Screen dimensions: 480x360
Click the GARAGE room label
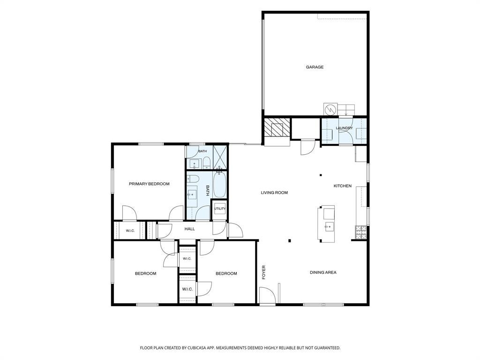(x=315, y=67)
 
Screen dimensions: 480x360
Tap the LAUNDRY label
(x=345, y=128)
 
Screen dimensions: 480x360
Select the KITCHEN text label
(x=343, y=186)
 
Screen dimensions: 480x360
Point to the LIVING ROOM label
(x=274, y=193)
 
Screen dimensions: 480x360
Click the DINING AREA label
(x=323, y=272)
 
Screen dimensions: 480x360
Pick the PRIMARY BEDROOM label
(x=149, y=184)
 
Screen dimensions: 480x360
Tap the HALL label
(x=189, y=229)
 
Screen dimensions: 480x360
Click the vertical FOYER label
(x=263, y=272)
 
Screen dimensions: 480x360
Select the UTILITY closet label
(x=219, y=209)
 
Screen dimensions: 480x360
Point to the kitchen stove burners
(x=361, y=232)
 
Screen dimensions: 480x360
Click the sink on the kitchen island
(x=329, y=227)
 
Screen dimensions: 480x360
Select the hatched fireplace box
(x=277, y=127)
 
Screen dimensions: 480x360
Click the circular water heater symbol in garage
(x=330, y=109)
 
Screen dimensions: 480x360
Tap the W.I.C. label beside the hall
(x=130, y=231)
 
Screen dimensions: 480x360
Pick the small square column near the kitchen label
(x=321, y=175)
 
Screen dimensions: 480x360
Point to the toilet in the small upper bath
(x=206, y=163)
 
